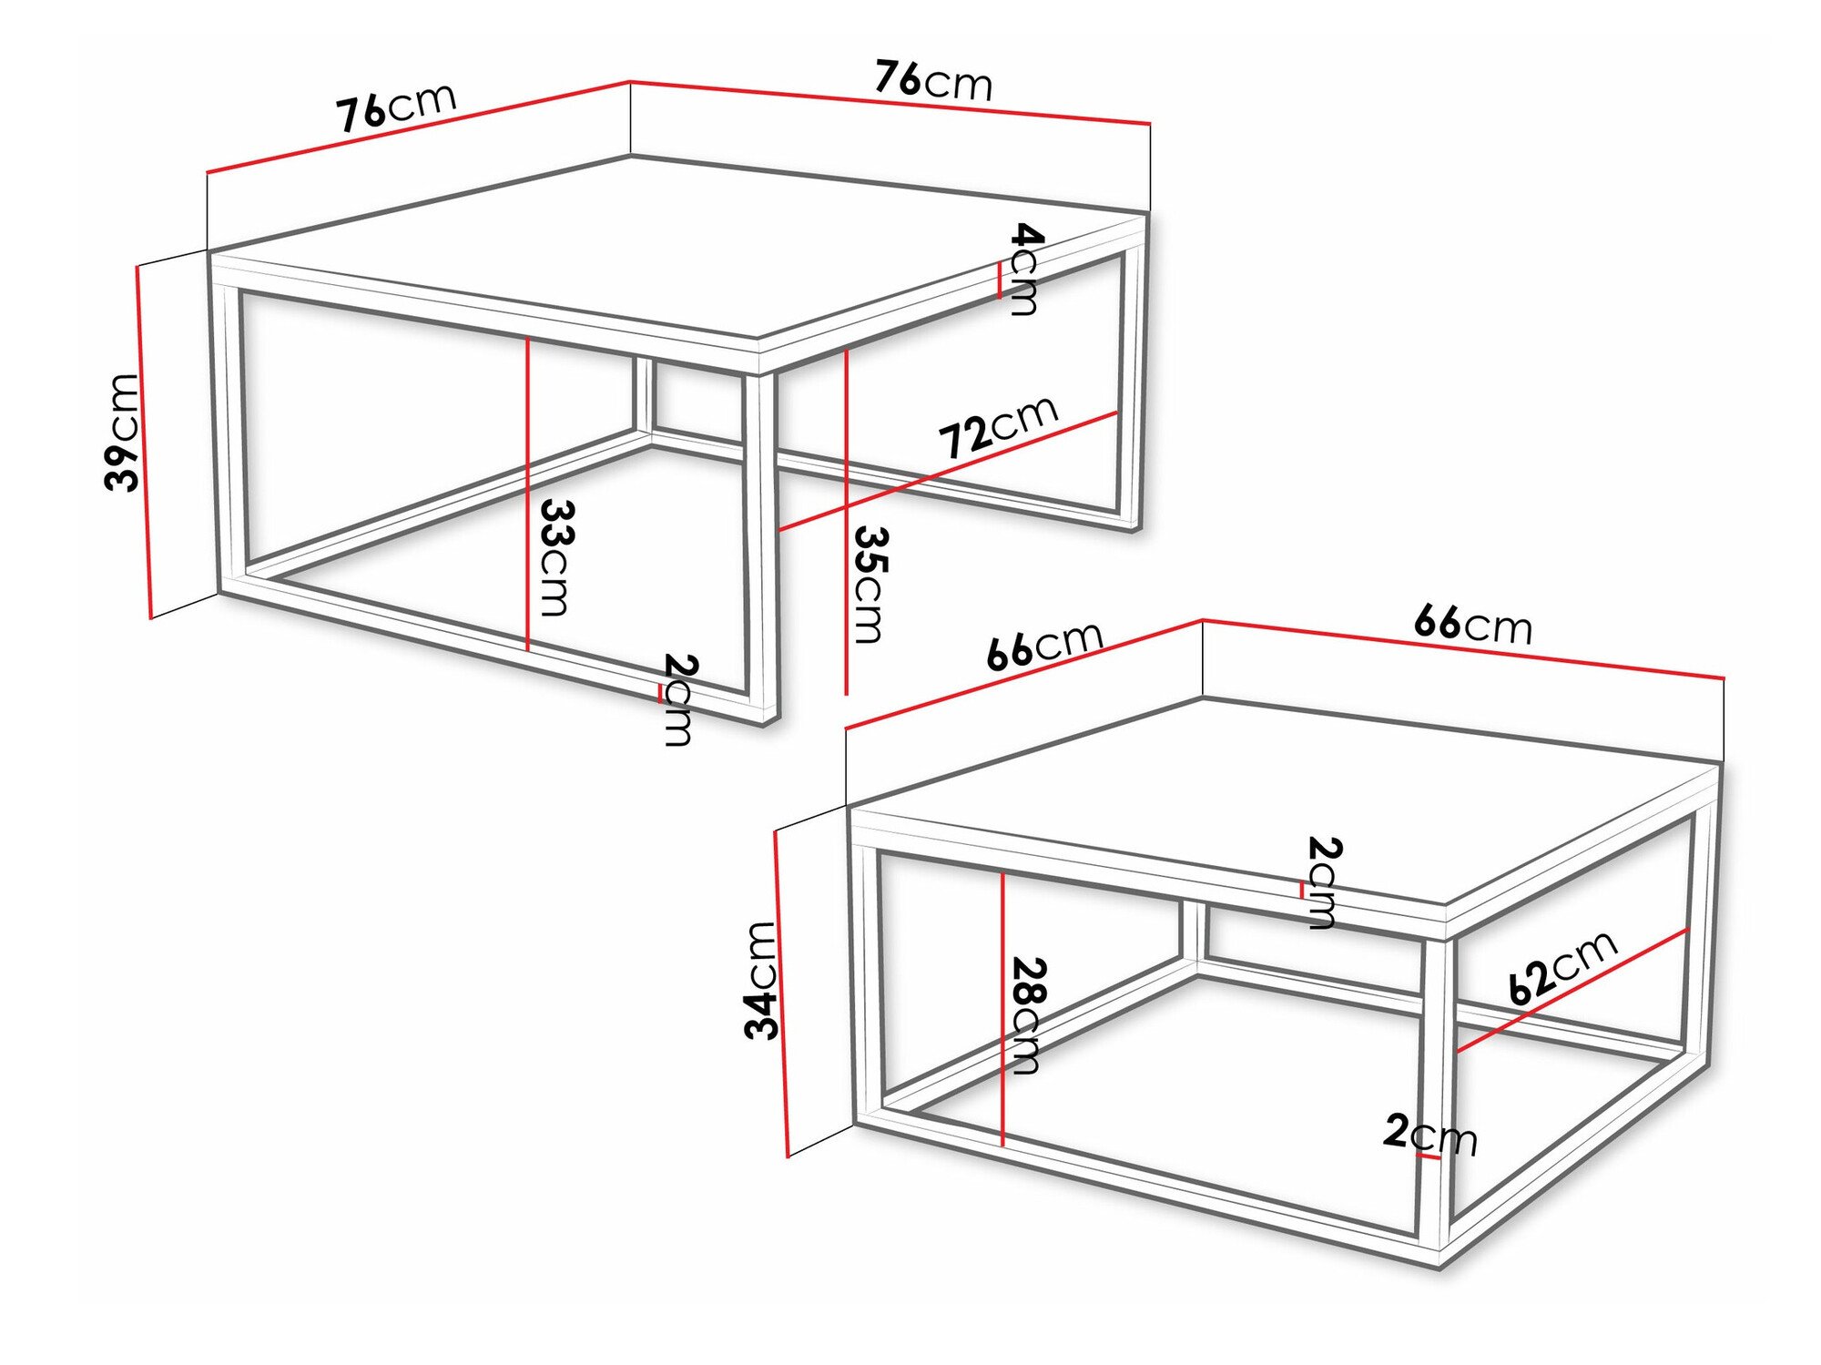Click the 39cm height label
tap(123, 433)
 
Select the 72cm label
tap(998, 427)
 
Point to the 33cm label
tap(556, 556)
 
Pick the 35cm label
tap(870, 585)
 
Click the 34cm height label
tap(761, 980)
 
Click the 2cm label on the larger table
tap(679, 699)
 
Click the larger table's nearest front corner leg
tap(761, 546)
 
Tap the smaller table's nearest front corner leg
tap(1435, 1093)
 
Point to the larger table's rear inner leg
tap(644, 396)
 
